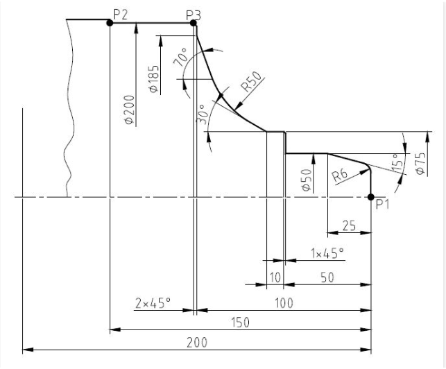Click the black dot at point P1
pyautogui.click(x=370, y=196)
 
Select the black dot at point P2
pyautogui.click(x=110, y=23)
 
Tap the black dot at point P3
pyautogui.click(x=194, y=23)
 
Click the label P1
pyautogui.click(x=382, y=204)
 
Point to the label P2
pyautogui.click(x=120, y=14)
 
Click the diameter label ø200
pyautogui.click(x=129, y=110)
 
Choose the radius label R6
pyautogui.click(x=341, y=174)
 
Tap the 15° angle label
pyautogui.click(x=397, y=164)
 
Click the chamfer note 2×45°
pyautogui.click(x=153, y=302)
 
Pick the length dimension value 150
pyautogui.click(x=240, y=323)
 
